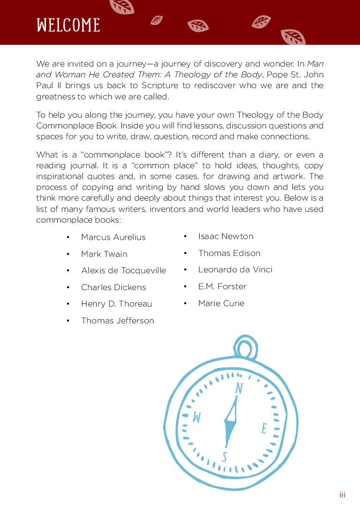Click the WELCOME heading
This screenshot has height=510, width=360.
coord(68,25)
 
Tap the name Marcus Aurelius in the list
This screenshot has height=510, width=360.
coord(113,237)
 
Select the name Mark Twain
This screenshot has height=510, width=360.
coord(104,254)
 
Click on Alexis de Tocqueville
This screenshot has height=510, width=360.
coord(123,271)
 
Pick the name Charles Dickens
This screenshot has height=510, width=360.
coord(113,287)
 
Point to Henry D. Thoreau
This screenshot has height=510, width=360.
coord(116,304)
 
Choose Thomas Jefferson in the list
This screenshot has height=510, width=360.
coord(117,321)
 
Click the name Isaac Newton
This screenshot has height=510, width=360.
coord(225,236)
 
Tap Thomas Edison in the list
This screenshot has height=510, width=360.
coord(229,253)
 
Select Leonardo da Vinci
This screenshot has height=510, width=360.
coord(235,270)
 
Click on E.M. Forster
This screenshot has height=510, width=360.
coord(222,286)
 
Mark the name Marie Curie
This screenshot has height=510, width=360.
coord(221,303)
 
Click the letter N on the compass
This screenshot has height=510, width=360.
coord(239,389)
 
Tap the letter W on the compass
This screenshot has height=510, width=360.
coord(197,417)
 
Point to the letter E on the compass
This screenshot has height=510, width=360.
coord(264,428)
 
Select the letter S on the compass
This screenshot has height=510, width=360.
coord(225,457)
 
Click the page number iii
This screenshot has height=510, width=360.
coord(342,495)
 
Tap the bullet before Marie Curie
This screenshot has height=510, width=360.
coord(186,303)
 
